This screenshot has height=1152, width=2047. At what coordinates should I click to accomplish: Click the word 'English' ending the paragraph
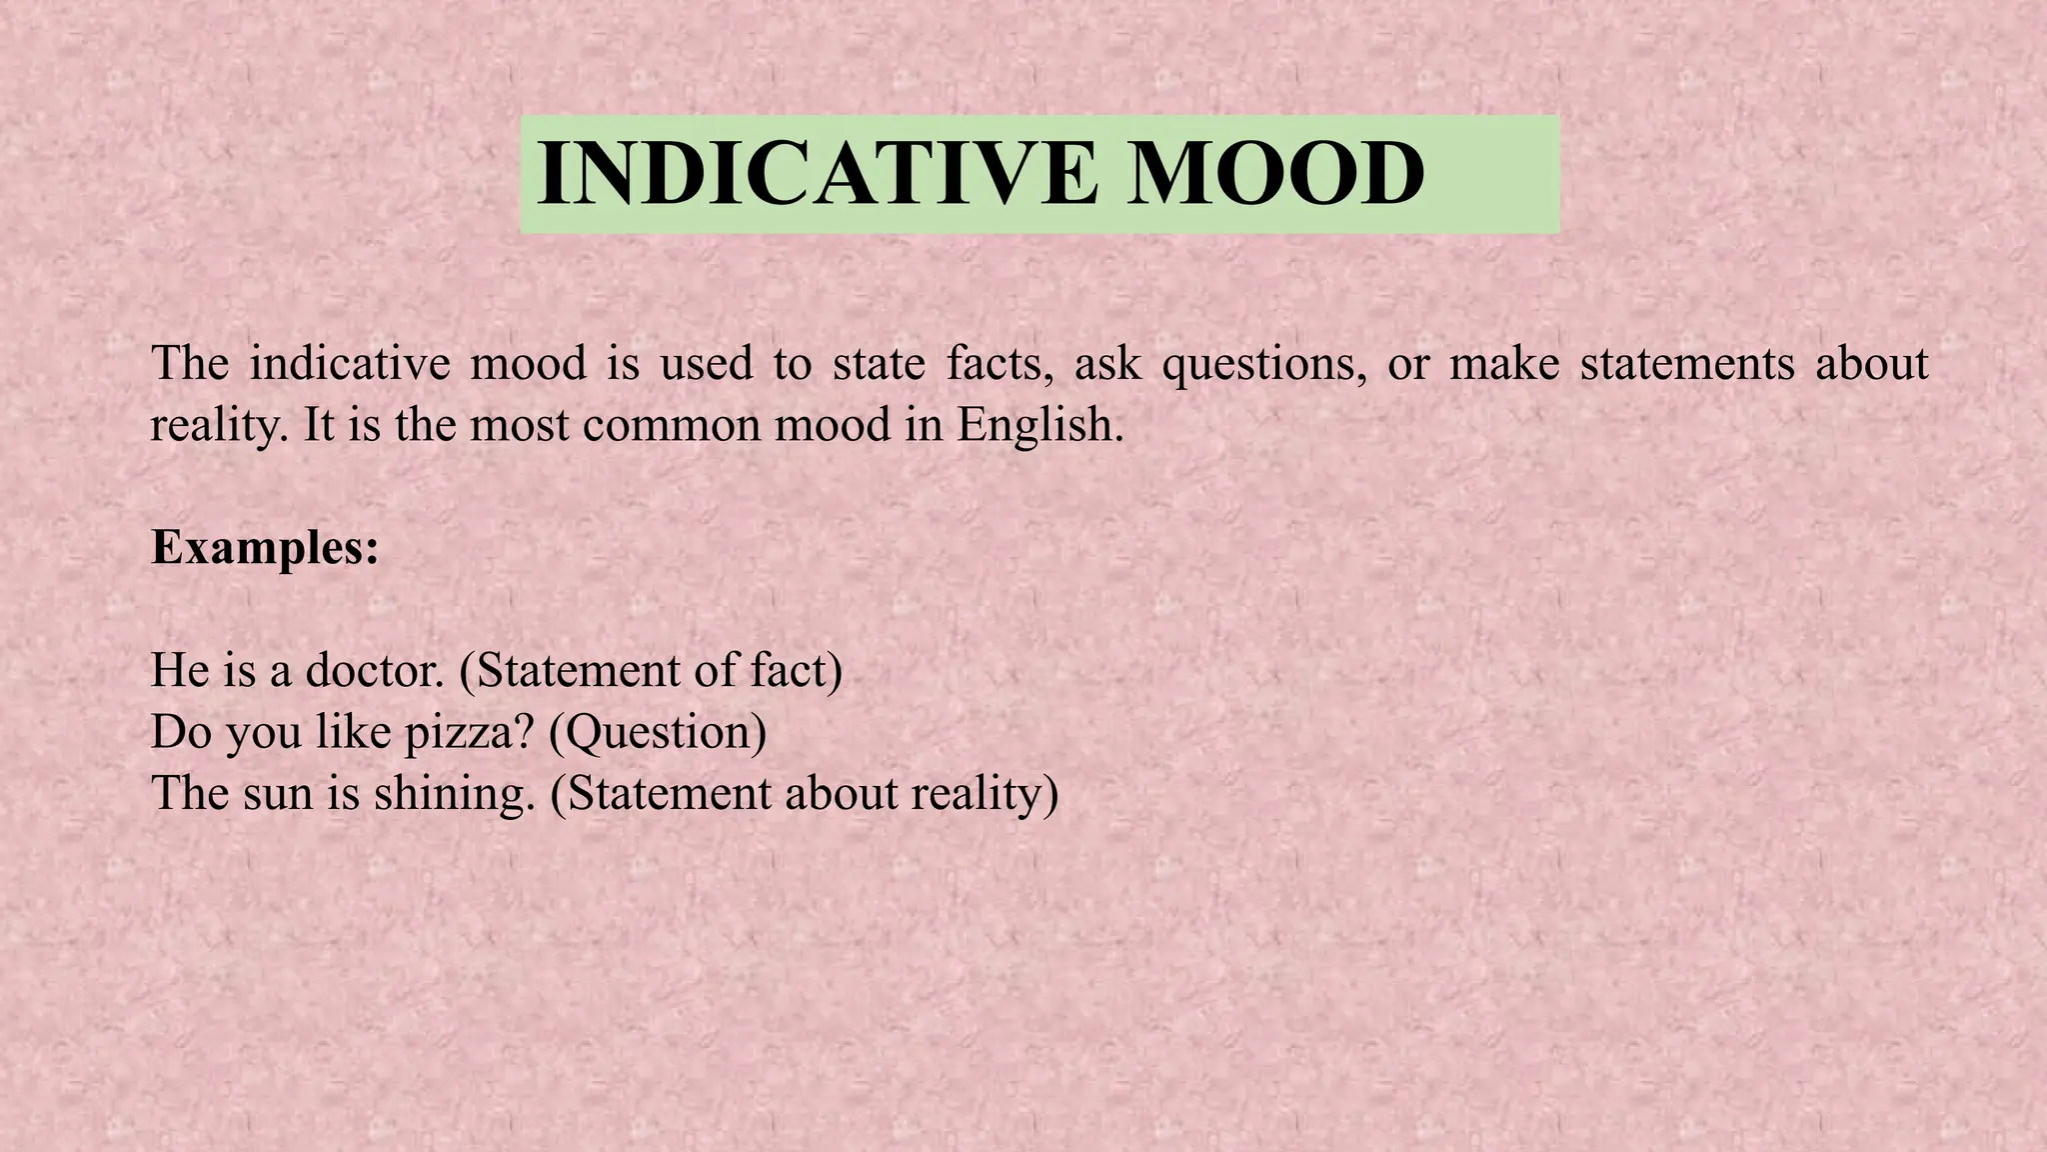1039,425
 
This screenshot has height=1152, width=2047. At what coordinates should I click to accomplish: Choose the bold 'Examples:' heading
265,548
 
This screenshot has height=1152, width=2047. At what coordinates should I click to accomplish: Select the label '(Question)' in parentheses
658,732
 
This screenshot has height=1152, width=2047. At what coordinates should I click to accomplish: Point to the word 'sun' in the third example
277,794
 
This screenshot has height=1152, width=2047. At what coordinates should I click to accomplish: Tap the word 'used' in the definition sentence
706,363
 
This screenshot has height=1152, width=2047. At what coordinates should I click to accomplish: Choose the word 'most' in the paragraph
519,425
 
